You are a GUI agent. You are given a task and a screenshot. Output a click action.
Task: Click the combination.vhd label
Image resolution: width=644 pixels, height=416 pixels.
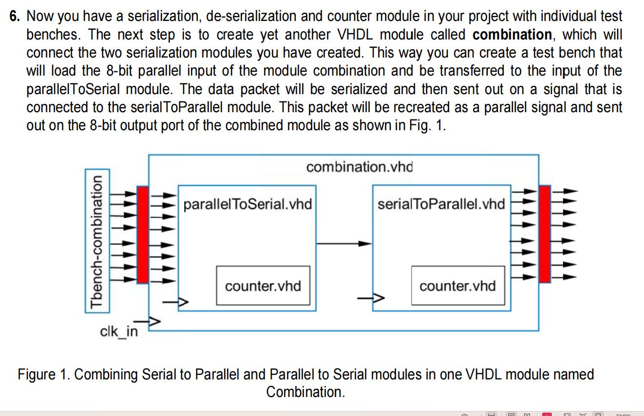pyautogui.click(x=359, y=167)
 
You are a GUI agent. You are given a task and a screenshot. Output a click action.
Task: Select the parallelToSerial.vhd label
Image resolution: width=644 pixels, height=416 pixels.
pyautogui.click(x=248, y=204)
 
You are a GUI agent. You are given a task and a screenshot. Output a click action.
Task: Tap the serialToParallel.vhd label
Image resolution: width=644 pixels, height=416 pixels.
pyautogui.click(x=441, y=204)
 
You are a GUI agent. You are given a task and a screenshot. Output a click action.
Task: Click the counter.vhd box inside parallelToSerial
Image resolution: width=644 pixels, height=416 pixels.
pyautogui.click(x=263, y=285)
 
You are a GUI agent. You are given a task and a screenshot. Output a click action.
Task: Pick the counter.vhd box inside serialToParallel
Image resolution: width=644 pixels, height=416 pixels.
pyautogui.click(x=458, y=285)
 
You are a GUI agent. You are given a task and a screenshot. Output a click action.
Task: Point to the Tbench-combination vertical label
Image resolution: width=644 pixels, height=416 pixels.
pyautogui.click(x=97, y=242)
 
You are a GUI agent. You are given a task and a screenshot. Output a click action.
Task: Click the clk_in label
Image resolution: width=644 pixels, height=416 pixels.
pyautogui.click(x=119, y=332)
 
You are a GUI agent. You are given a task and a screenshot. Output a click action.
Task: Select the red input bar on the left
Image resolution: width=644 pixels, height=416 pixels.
pyautogui.click(x=143, y=235)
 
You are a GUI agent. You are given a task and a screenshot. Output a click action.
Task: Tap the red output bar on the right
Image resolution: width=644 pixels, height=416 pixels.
pyautogui.click(x=545, y=234)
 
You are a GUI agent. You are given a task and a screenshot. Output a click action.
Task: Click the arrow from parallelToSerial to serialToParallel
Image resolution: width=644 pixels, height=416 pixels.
pyautogui.click(x=344, y=244)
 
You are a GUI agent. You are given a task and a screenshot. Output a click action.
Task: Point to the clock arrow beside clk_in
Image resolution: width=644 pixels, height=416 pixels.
pyautogui.click(x=147, y=321)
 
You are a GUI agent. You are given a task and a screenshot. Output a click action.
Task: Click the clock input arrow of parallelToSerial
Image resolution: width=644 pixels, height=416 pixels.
pyautogui.click(x=176, y=302)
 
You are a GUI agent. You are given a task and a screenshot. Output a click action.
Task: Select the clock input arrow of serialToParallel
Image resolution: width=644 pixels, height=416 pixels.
pyautogui.click(x=371, y=298)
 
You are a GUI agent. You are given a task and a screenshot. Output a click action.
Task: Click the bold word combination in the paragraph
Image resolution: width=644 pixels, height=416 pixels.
pyautogui.click(x=512, y=35)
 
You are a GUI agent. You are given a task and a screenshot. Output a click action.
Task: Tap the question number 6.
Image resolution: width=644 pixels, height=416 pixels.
pyautogui.click(x=15, y=16)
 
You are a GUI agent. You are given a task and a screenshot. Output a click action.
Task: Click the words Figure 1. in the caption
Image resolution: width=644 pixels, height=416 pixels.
pyautogui.click(x=44, y=375)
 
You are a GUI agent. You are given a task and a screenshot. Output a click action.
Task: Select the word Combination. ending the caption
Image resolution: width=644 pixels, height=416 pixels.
pyautogui.click(x=305, y=392)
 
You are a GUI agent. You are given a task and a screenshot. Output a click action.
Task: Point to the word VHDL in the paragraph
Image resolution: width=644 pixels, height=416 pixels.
pyautogui.click(x=355, y=35)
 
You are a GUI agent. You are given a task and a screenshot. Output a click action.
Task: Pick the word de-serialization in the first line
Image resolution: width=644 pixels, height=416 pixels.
pyautogui.click(x=251, y=16)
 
